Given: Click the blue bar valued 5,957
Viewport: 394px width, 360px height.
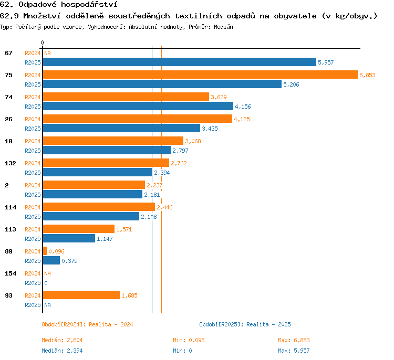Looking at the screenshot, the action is click(180, 62).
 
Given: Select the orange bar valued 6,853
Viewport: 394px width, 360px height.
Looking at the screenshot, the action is click(200, 75).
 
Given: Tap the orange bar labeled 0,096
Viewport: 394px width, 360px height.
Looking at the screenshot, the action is click(45, 251).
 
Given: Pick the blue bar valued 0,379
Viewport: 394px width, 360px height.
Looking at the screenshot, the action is click(51, 260).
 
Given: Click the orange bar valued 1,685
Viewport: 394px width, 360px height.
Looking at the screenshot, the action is click(81, 295).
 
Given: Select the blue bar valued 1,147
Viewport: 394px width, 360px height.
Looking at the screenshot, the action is click(69, 238).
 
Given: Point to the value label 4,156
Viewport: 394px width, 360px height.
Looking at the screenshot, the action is click(243, 107).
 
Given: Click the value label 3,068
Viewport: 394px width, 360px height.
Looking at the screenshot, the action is click(193, 141).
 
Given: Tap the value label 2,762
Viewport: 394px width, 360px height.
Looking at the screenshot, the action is click(179, 163).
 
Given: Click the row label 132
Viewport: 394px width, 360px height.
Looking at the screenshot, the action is click(11, 163).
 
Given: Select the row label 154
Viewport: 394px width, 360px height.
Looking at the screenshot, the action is click(11, 273).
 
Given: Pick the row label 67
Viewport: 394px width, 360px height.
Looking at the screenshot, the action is click(8, 53).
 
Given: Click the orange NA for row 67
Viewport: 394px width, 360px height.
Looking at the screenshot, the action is click(47, 53).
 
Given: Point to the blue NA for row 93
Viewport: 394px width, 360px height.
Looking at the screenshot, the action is click(47, 305).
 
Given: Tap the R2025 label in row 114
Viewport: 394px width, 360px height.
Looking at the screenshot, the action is click(33, 217).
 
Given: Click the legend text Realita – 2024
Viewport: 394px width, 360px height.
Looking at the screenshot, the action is click(111, 324).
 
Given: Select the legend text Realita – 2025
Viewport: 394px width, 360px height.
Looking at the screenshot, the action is click(268, 324).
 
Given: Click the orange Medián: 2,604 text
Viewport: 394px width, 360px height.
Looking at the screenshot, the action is click(62, 340).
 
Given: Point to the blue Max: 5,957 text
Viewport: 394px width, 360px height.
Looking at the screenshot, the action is click(294, 351).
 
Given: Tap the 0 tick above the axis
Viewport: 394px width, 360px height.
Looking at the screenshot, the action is click(42, 43).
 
